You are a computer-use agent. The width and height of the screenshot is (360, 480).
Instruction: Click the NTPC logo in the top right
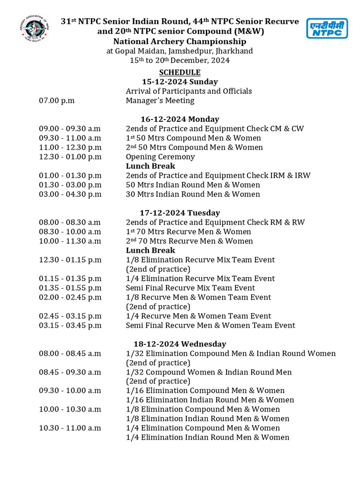click(327, 28)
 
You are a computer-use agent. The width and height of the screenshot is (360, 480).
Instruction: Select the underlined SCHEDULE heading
click(180, 73)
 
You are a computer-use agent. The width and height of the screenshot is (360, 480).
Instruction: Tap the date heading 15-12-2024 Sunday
click(180, 82)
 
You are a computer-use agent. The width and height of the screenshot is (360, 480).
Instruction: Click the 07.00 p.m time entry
click(57, 101)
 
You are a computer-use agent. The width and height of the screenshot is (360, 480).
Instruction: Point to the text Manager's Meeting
click(160, 101)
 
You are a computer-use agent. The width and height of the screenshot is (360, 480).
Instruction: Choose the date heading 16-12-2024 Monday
click(180, 120)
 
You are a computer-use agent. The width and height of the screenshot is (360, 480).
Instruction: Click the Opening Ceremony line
click(160, 157)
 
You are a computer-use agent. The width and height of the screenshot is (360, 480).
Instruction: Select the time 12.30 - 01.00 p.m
click(70, 157)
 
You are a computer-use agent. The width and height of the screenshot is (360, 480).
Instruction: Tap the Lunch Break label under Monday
click(150, 166)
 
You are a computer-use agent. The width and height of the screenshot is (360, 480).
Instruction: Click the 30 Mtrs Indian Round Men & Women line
click(193, 195)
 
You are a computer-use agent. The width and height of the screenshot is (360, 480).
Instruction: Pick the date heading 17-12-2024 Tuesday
click(180, 213)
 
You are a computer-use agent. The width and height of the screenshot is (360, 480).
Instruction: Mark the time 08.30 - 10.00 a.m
click(70, 232)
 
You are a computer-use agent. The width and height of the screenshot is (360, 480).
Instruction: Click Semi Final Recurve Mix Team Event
click(190, 288)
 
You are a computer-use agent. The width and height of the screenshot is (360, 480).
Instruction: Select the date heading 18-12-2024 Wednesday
click(180, 345)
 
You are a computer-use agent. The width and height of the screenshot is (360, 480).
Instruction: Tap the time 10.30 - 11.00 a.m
click(70, 428)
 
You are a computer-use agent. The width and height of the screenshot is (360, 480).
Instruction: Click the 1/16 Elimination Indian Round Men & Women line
click(210, 400)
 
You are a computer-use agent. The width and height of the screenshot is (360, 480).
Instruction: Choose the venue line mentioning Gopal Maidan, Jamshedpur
click(180, 51)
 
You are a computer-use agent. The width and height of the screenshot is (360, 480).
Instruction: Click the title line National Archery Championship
click(180, 42)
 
